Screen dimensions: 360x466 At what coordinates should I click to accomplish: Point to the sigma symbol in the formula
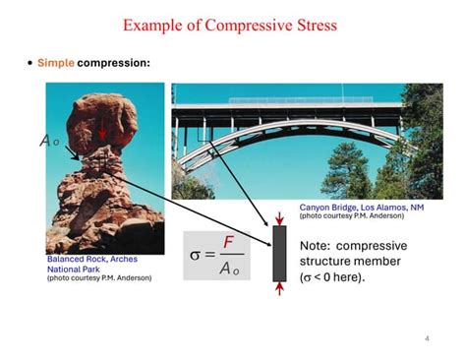pyautogui.click(x=196, y=255)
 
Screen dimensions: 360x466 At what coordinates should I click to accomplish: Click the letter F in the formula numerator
pyautogui.click(x=228, y=242)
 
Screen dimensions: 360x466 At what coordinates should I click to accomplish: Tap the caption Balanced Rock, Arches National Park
pyautogui.click(x=91, y=264)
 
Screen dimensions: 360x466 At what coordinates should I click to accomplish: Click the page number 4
pyautogui.click(x=427, y=339)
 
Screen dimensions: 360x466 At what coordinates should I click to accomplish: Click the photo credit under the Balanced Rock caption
pyautogui.click(x=99, y=278)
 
